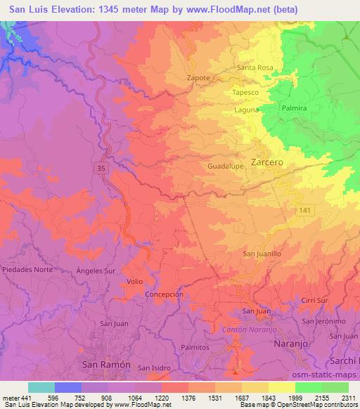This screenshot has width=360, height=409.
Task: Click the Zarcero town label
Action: coord(266,162)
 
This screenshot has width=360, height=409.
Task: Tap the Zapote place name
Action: coord(198,78)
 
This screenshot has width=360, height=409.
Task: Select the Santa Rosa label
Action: coord(255,67)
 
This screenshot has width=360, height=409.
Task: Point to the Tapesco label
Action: coord(245,93)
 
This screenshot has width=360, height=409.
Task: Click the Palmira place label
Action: coord(293,109)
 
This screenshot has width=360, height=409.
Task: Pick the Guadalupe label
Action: coord(226,167)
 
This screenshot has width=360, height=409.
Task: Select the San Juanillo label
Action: coord(262,254)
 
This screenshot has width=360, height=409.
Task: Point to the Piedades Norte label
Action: coord(27,270)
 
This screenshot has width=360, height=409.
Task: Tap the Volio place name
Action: coord(135,283)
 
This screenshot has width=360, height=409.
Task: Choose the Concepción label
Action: coord(164,295)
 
